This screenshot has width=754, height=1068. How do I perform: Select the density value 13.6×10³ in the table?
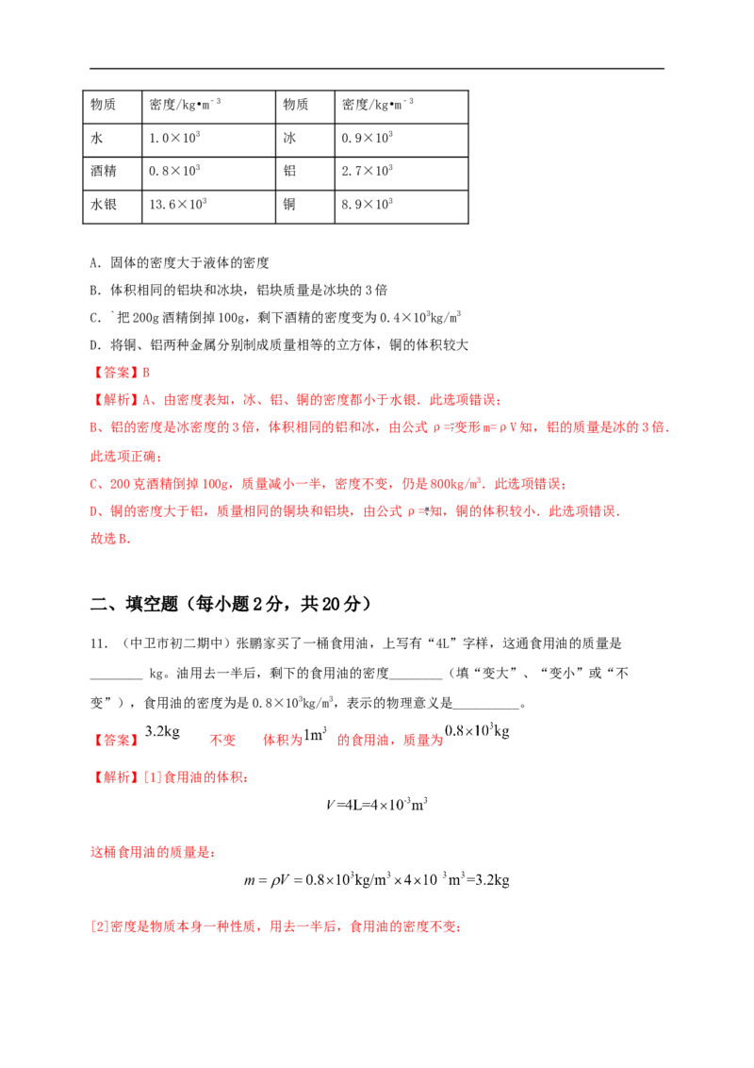click(177, 205)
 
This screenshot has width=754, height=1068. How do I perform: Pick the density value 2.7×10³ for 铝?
click(367, 171)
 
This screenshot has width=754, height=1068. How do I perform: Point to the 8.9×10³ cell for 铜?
click(367, 205)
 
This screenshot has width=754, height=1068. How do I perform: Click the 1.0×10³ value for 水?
click(174, 139)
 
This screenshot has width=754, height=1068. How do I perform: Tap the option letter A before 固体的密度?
click(95, 263)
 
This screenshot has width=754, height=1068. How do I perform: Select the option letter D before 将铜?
click(95, 345)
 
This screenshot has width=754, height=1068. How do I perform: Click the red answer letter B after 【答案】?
click(146, 373)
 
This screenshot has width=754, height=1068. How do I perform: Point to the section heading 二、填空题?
click(134, 604)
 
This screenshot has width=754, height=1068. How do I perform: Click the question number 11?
click(98, 643)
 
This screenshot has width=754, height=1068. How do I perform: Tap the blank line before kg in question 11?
click(116, 677)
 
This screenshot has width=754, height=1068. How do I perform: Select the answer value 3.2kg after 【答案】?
click(163, 732)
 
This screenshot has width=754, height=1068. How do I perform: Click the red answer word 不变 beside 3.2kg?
click(222, 741)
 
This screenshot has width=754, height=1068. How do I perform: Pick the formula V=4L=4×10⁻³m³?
click(376, 805)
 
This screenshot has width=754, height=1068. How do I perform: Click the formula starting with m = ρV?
click(376, 879)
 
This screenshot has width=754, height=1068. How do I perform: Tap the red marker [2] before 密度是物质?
click(99, 926)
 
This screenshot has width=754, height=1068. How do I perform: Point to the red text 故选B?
click(110, 539)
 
